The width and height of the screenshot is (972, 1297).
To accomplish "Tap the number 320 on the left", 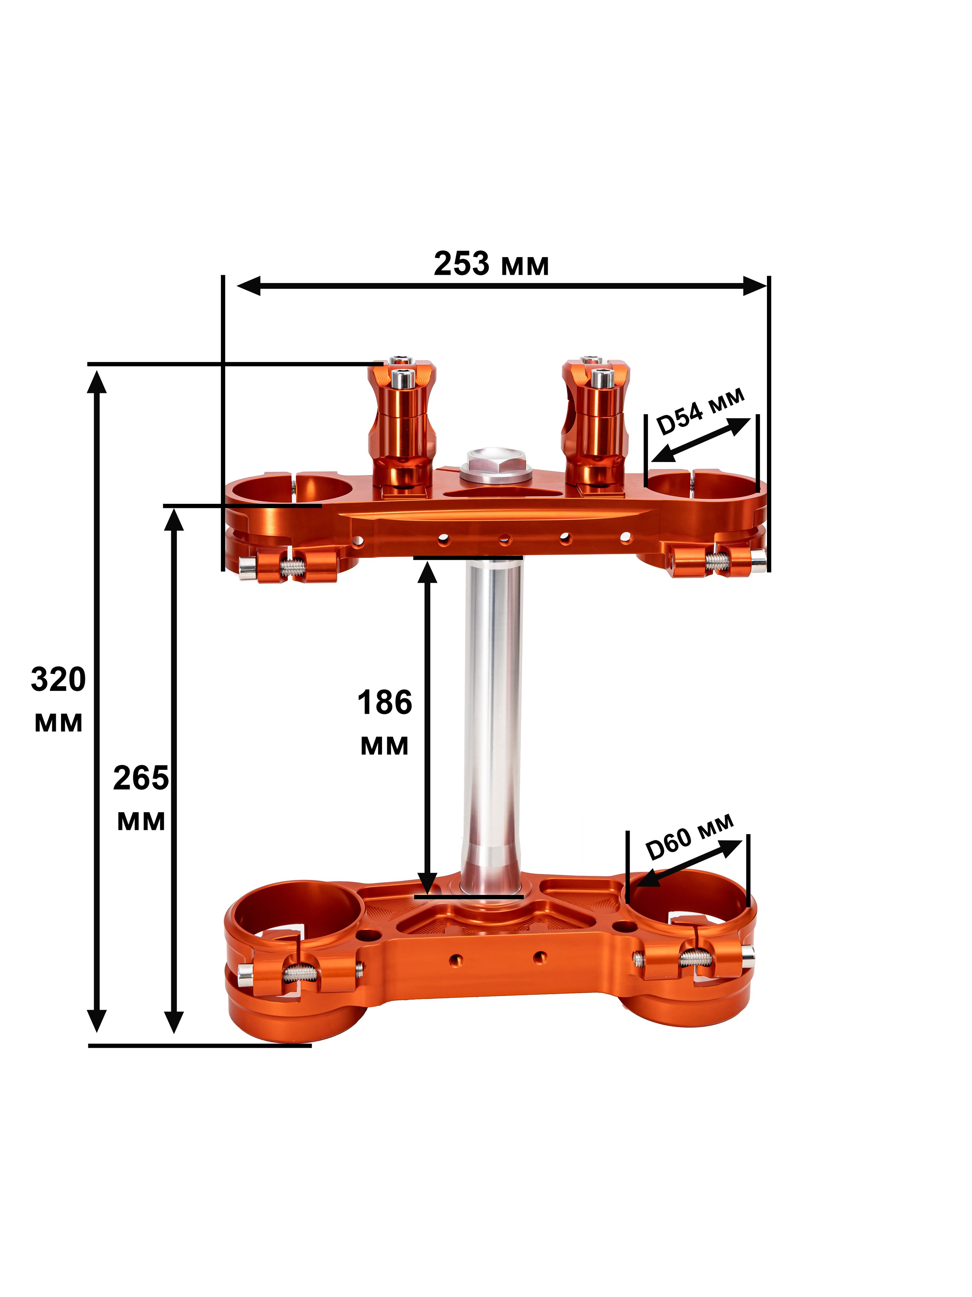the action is (x=58, y=680).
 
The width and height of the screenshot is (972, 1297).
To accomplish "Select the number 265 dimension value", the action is (x=140, y=779).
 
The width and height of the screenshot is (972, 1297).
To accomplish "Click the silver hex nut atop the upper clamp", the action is (x=495, y=466).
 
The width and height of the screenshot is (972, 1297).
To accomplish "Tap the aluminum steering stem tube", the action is (x=492, y=727).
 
